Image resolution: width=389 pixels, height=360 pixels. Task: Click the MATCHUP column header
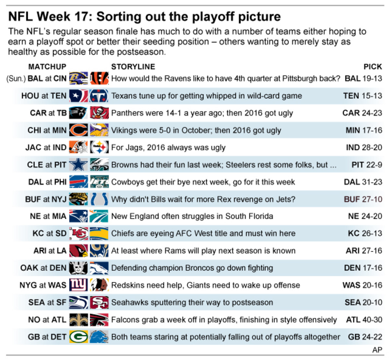(x=47, y=67)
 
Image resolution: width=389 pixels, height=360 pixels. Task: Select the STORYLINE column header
(x=133, y=67)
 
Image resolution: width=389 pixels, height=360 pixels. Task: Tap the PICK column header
(x=372, y=67)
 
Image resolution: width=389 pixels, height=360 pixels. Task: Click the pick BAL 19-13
(x=363, y=78)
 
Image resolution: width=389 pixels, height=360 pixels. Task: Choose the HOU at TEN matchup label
(x=44, y=96)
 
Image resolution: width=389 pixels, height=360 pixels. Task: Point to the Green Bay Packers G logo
(x=78, y=337)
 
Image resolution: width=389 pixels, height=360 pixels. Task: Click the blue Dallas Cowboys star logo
(x=78, y=165)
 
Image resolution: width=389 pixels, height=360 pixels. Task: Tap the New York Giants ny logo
(x=78, y=285)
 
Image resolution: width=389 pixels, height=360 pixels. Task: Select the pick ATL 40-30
(x=364, y=320)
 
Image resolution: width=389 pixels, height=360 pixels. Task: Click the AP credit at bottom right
(x=377, y=350)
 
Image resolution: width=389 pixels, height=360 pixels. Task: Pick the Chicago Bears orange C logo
(x=78, y=130)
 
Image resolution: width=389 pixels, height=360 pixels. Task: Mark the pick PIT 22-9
(x=367, y=165)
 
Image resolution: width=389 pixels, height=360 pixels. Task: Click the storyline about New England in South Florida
(x=192, y=216)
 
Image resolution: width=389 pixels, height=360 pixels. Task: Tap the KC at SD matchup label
(x=49, y=234)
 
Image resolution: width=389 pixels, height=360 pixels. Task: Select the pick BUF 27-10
(x=363, y=199)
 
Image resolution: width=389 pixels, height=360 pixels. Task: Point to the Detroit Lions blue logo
(x=99, y=337)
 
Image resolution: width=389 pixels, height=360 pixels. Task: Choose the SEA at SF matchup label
(x=47, y=302)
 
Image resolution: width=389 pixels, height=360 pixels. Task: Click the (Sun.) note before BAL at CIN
(x=16, y=78)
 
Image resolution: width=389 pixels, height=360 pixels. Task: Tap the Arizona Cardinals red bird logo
(x=78, y=251)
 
